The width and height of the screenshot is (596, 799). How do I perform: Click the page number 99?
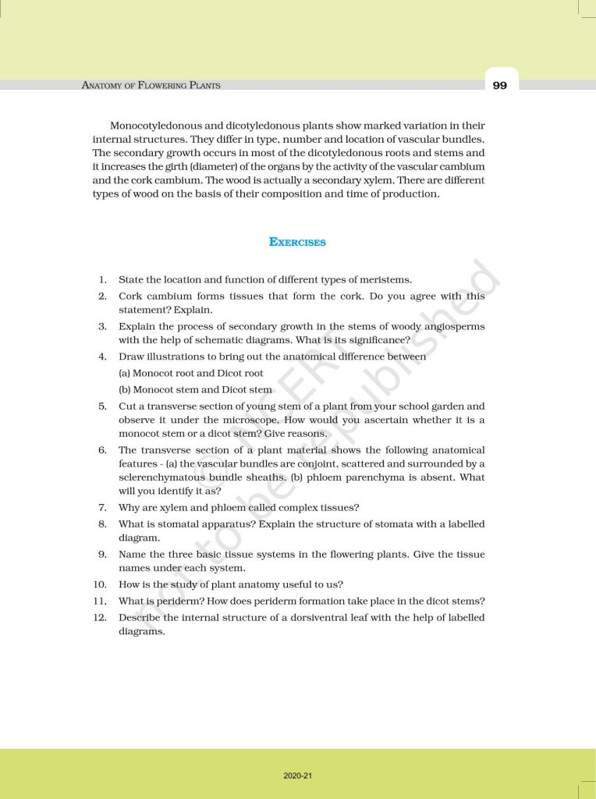pos(500,85)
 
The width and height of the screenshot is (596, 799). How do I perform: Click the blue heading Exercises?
pos(297,242)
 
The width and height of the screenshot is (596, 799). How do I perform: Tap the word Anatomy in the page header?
pos(103,85)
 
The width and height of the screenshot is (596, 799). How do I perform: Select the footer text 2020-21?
pos(297,776)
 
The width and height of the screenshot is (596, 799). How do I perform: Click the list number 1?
pos(102,279)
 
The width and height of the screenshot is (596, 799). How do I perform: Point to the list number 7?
pos(102,507)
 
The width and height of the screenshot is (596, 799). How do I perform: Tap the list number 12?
pos(99,617)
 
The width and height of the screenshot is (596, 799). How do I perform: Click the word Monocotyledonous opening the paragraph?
pos(158,125)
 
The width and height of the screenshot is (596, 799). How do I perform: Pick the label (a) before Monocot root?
pos(125,373)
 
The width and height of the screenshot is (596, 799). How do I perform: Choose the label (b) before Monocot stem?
pos(125,389)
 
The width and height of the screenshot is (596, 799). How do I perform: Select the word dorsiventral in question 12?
pos(334,617)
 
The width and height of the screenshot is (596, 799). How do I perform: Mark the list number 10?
pos(99,584)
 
